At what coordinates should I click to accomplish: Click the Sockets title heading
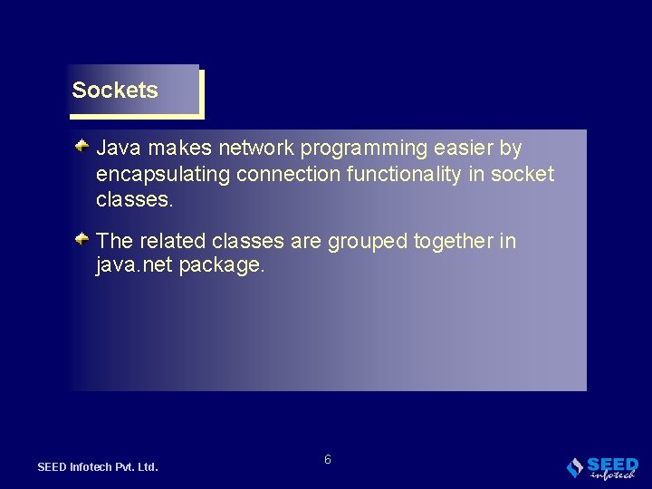(115, 91)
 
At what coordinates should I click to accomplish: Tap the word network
(256, 148)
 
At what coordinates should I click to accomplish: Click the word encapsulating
(163, 175)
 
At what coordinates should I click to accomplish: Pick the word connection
(287, 174)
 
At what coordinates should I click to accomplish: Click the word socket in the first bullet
(523, 174)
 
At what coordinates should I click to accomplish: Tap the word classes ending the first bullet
(134, 200)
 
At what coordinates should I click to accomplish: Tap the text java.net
(134, 266)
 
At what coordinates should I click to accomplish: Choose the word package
(222, 267)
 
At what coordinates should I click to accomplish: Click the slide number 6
(328, 460)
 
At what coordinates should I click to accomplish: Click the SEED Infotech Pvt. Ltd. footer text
(98, 467)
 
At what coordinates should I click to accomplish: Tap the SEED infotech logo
(602, 467)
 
